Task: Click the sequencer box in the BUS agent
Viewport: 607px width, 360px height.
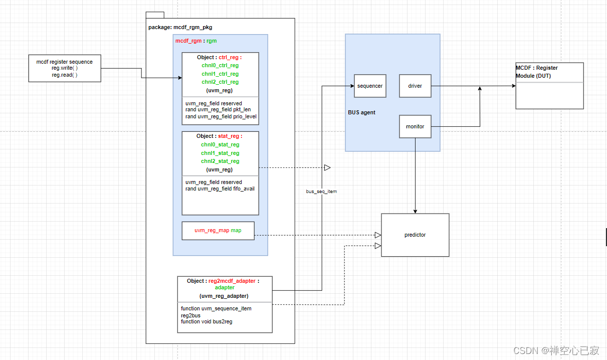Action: [x=370, y=86]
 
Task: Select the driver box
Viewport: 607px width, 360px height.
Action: [x=415, y=86]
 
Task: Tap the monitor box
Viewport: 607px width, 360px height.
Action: [x=415, y=126]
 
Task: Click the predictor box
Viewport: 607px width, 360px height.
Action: [x=415, y=235]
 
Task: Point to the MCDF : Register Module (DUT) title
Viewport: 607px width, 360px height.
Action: [x=537, y=72]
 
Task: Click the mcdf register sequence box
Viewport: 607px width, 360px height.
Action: [x=65, y=68]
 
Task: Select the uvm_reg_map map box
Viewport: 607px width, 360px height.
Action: [x=218, y=231]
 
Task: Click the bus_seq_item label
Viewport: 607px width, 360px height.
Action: [x=321, y=192]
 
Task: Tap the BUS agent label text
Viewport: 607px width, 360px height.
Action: [x=361, y=112]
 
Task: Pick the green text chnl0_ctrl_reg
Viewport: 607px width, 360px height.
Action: [x=220, y=66]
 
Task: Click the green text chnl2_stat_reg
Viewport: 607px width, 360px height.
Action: [x=220, y=161]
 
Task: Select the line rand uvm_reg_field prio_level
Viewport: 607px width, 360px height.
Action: [x=221, y=117]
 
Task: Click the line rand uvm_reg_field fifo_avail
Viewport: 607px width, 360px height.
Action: [x=220, y=189]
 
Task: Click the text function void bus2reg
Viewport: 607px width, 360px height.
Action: [x=207, y=321]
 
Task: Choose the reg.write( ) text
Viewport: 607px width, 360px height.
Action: [x=65, y=68]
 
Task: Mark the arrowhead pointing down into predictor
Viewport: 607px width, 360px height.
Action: [x=415, y=211]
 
